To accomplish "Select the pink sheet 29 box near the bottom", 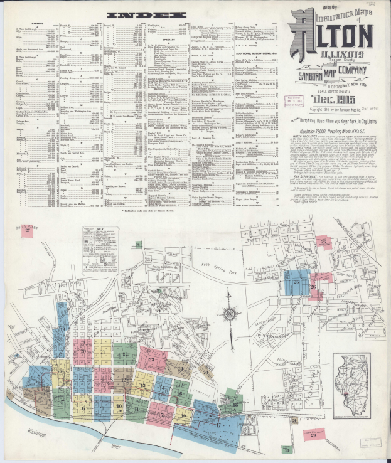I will point(313,434).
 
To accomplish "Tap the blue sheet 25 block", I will point(296,282).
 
